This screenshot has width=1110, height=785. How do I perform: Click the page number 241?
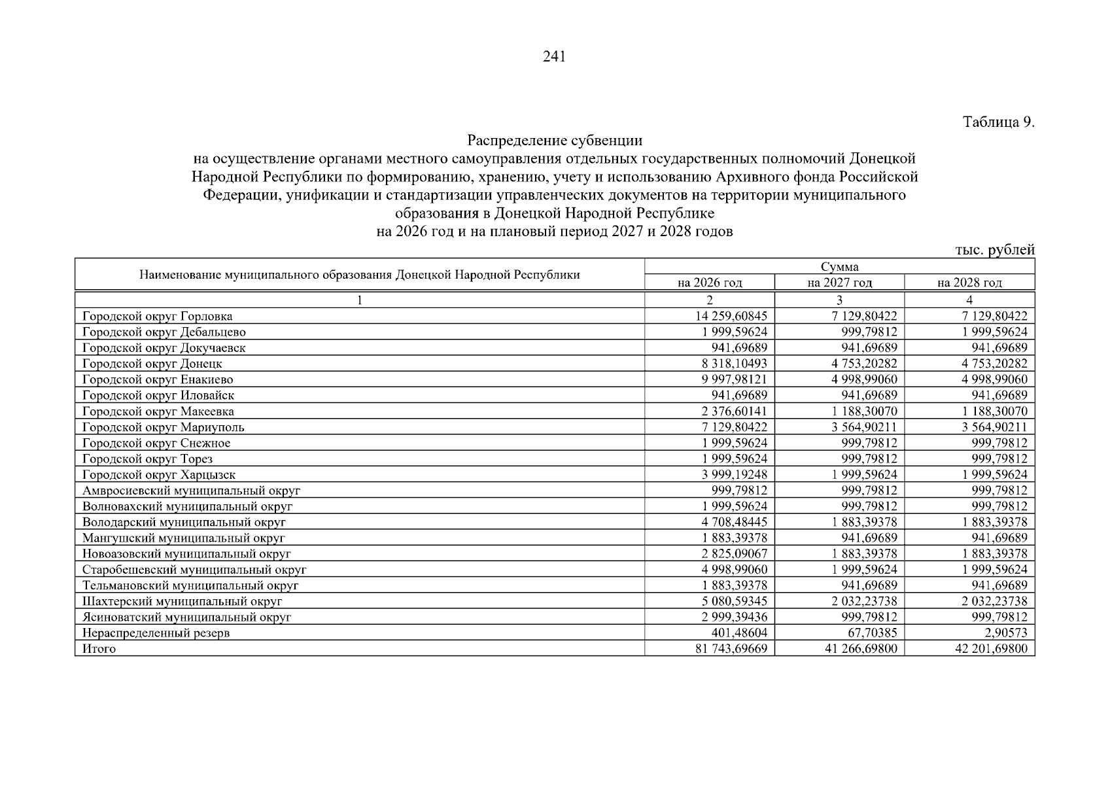click(554, 57)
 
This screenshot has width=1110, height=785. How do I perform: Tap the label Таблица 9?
click(998, 122)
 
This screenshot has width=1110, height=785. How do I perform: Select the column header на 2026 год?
click(710, 283)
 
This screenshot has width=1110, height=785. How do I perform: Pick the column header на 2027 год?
click(839, 283)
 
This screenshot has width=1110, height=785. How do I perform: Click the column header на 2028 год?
click(969, 283)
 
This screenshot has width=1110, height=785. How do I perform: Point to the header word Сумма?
click(839, 267)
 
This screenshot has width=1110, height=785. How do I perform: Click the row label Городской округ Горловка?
click(158, 317)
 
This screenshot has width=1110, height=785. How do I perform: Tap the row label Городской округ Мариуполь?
click(164, 427)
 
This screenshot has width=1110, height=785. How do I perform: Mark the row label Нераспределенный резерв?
click(156, 633)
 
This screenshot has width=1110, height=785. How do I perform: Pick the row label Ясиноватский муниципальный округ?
click(186, 617)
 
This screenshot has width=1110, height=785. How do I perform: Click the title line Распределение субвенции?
click(555, 141)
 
